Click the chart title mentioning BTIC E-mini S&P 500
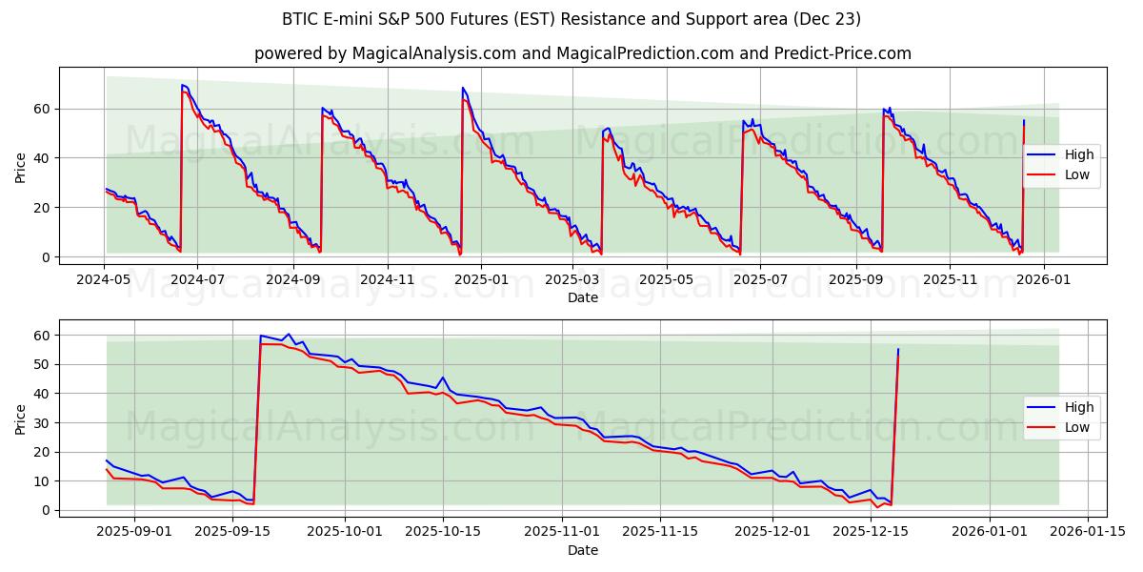point(571,19)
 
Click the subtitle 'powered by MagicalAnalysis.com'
point(582,53)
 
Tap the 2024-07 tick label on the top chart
point(197,279)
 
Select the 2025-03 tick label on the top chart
point(573,279)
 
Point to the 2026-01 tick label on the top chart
point(1044,279)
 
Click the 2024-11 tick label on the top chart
point(387,279)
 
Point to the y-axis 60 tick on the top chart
point(43,109)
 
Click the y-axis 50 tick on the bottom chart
point(43,364)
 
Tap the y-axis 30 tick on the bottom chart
point(43,422)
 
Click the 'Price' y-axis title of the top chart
point(21,167)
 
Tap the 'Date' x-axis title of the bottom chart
point(582,550)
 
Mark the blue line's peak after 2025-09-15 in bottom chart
point(289,335)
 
